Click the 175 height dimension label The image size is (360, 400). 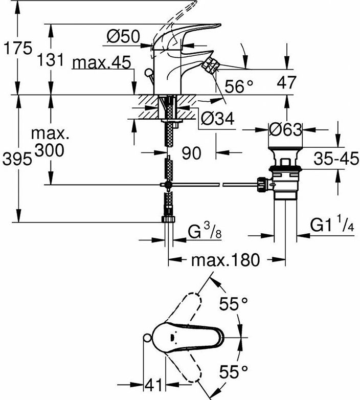(18, 48)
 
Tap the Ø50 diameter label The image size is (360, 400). (123, 36)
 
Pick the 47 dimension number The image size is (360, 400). (286, 82)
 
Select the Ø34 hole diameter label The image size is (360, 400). (217, 118)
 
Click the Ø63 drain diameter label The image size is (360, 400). (285, 129)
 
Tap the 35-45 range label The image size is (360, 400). (336, 159)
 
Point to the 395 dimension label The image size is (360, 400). (17, 160)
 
